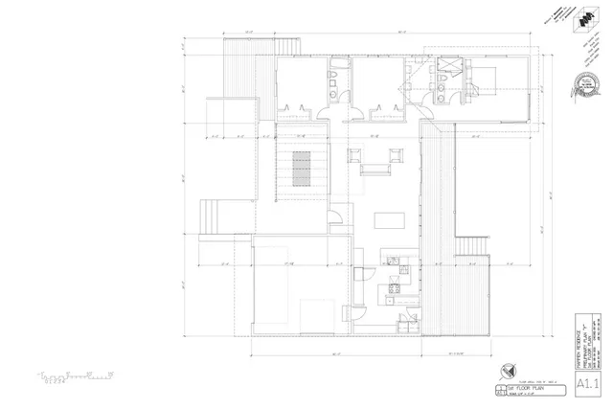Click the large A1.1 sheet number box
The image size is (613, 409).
588,386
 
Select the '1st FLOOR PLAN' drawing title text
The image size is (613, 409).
525,384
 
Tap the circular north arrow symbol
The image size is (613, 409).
508,372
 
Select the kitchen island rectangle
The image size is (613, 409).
389,220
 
